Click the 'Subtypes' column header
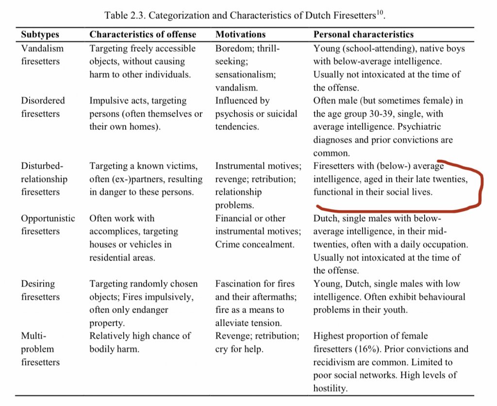tap(40, 35)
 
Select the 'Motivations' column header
tap(240, 35)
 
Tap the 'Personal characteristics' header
tap(364, 35)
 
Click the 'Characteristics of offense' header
tap(143, 35)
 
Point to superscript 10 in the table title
tap(381, 12)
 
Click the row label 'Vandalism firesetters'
tap(42, 55)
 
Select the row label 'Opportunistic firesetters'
tap(48, 225)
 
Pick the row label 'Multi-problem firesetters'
tap(40, 349)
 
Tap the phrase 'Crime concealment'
tap(255, 245)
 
